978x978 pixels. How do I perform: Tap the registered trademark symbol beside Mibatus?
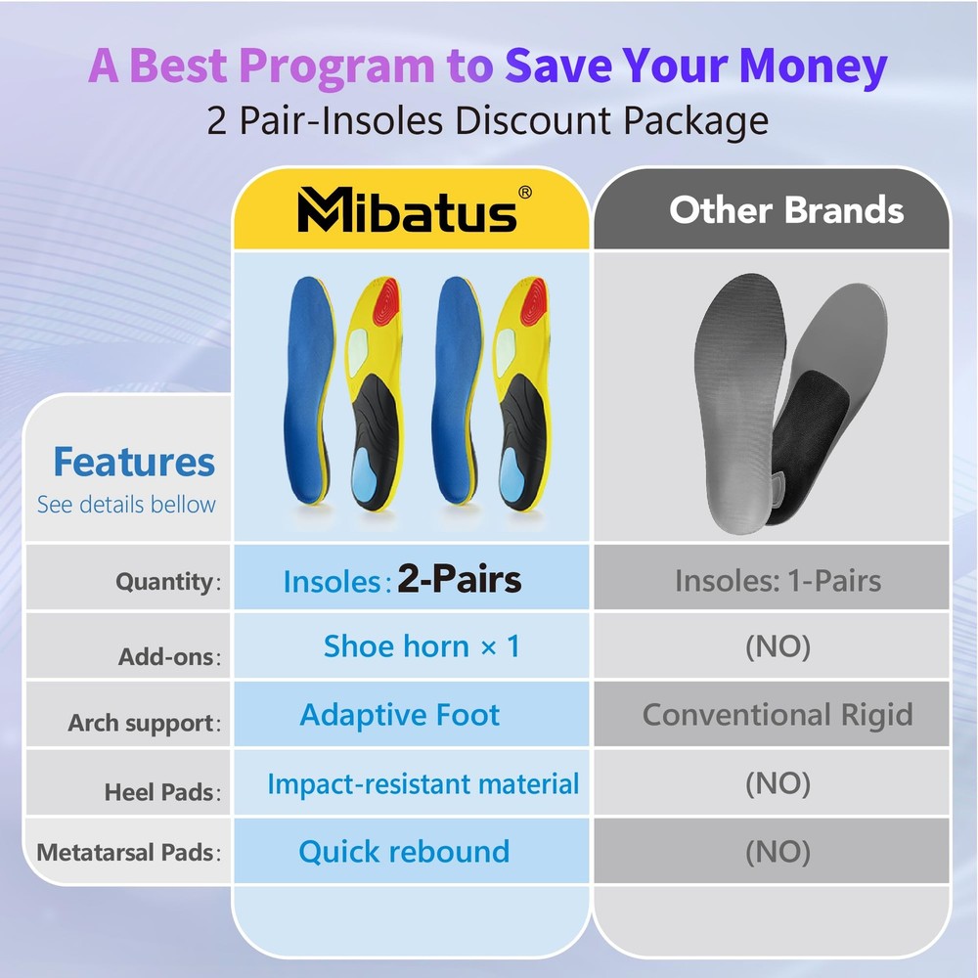[525, 192]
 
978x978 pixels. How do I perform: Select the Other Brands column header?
[786, 209]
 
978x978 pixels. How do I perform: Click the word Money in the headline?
[813, 66]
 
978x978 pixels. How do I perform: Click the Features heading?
[134, 462]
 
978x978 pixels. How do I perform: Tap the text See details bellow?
[126, 504]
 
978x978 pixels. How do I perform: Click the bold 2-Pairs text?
[459, 579]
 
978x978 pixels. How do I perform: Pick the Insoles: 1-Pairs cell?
[778, 581]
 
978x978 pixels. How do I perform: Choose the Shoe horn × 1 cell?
[422, 645]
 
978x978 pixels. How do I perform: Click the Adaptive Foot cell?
[400, 714]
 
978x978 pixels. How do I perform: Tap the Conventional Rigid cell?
[778, 714]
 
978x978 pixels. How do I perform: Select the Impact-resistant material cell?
[423, 783]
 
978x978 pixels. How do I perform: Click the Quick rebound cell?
[404, 852]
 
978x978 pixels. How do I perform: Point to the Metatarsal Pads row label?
[128, 852]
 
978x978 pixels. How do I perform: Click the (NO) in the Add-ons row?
[778, 646]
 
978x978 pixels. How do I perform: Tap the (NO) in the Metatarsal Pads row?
[778, 852]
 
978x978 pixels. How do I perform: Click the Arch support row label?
[144, 723]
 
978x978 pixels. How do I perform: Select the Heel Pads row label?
[162, 792]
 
